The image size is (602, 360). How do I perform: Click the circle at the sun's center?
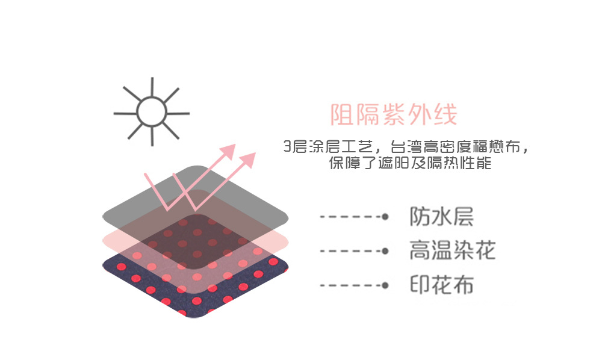tap(151, 112)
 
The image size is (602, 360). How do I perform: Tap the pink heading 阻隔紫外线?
tap(394, 114)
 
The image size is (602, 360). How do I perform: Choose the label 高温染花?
tap(452, 250)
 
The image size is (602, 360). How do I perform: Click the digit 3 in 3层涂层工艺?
tap(287, 146)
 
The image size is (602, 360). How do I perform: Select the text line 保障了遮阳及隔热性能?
tap(409, 163)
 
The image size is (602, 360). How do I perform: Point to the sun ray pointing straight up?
tap(152, 87)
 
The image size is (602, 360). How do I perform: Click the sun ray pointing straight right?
tap(179, 113)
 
